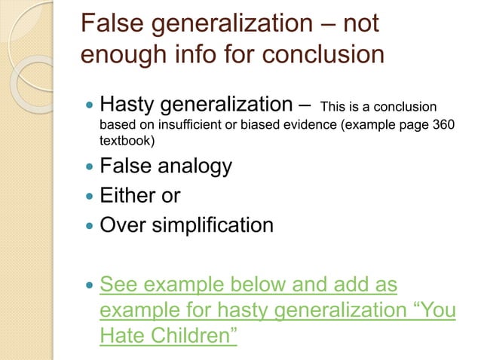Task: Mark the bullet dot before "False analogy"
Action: pos(90,166)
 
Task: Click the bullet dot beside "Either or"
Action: pos(90,196)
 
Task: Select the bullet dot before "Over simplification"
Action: pos(90,224)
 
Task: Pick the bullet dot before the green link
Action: pos(90,286)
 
